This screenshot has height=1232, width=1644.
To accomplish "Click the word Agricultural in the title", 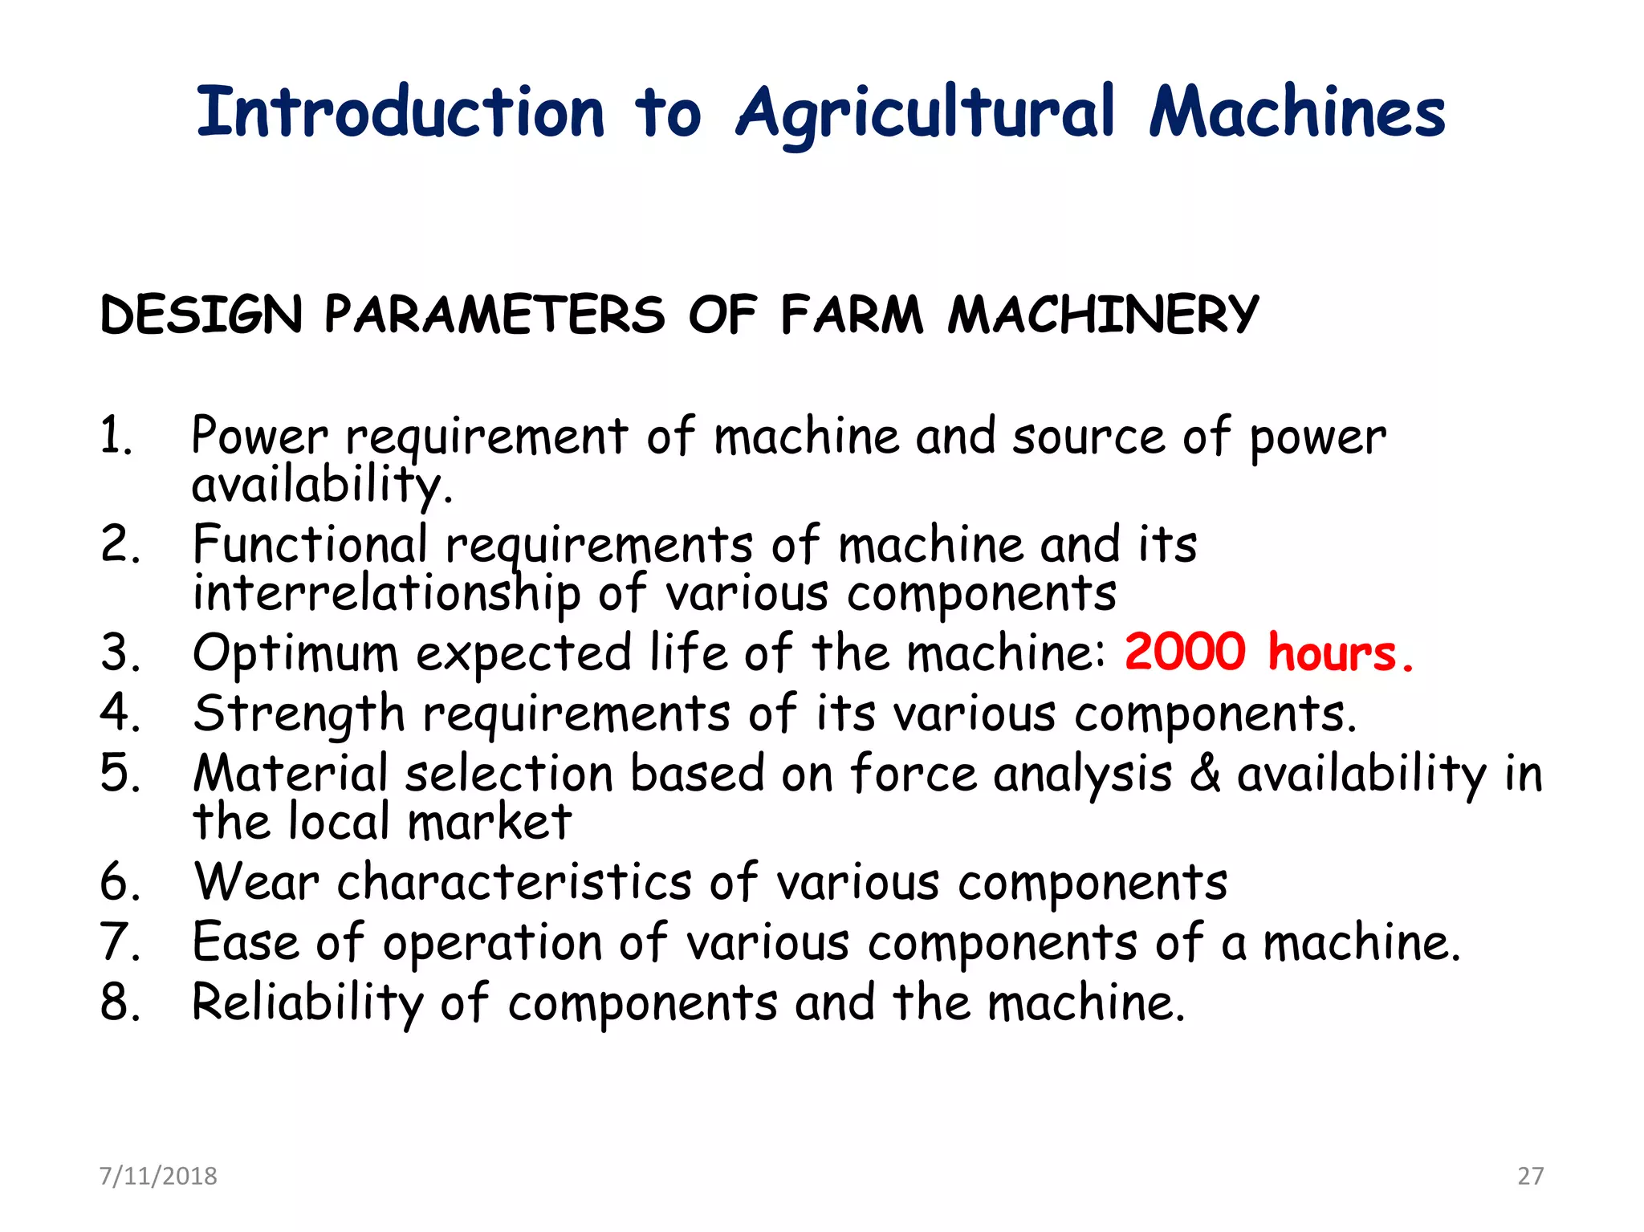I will point(926,114).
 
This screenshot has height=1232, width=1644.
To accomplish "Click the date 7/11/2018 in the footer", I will point(158,1176).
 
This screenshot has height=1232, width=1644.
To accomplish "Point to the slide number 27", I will point(1530,1176).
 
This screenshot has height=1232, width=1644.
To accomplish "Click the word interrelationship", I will point(386,594).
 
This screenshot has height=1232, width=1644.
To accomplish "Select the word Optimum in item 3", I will point(295,653).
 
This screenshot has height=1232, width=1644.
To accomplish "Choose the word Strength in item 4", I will point(299,714).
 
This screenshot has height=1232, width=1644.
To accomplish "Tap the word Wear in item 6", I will point(257,882).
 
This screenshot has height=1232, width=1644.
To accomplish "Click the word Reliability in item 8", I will point(307,1002).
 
